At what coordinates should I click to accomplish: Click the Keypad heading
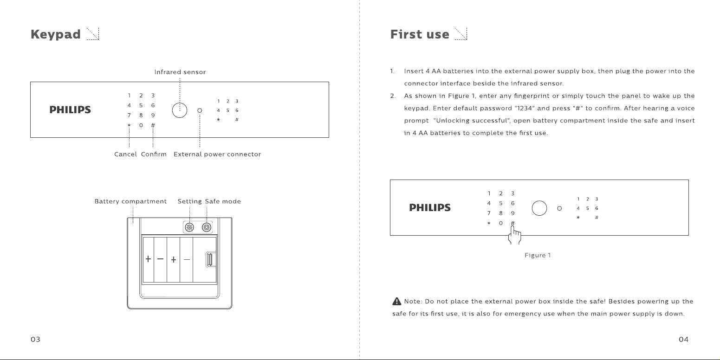pos(56,34)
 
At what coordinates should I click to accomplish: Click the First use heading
pos(420,34)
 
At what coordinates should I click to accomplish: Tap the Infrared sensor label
pos(180,72)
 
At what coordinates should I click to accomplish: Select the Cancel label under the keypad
pos(125,154)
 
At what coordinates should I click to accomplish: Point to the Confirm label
pos(154,154)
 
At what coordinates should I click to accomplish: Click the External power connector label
pos(217,154)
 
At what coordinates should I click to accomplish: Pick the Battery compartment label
pos(130,201)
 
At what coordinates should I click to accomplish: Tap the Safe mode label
pos(223,201)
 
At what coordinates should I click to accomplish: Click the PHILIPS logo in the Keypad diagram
pos(70,110)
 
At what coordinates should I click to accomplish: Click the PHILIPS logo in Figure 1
pos(430,208)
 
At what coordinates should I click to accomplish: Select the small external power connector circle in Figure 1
pos(559,208)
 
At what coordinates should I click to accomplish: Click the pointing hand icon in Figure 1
pos(515,235)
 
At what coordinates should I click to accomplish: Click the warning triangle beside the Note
pos(396,301)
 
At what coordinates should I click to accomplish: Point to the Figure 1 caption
pos(538,255)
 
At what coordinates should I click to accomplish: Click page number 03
pos(35,340)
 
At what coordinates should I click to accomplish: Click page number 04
pos(683,340)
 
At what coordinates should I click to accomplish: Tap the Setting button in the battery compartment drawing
pos(189,227)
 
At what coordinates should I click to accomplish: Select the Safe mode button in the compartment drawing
pos(207,227)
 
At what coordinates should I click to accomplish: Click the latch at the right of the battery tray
pos(210,259)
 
